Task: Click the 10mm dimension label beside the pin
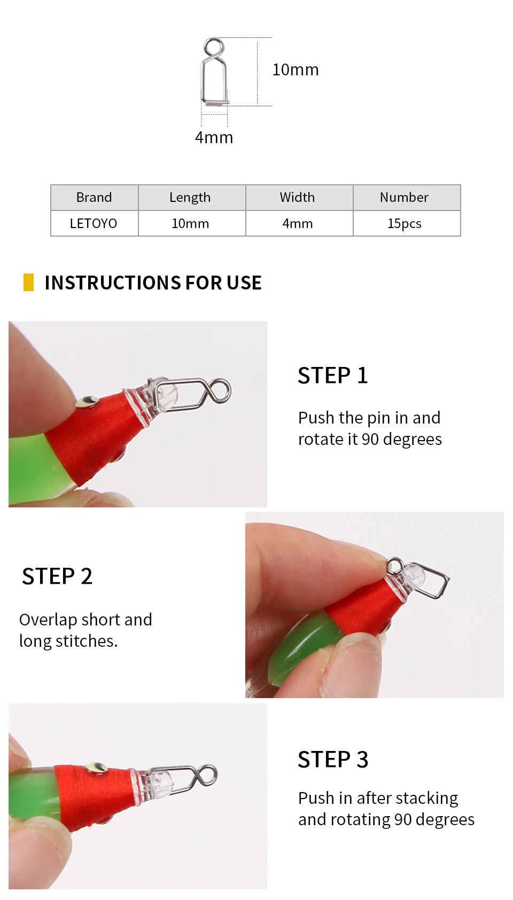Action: point(296,70)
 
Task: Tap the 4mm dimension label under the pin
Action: point(214,137)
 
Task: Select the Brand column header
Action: point(94,197)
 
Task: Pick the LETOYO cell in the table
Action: point(94,223)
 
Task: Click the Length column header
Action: point(190,197)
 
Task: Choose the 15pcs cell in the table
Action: point(405,223)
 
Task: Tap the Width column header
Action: point(297,197)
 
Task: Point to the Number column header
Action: point(404,197)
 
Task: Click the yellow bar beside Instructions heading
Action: point(28,282)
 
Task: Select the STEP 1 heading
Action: point(332,375)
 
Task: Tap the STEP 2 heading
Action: point(57,576)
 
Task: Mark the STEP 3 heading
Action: point(333,760)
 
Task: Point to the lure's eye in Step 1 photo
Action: point(88,401)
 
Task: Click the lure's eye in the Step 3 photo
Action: point(97,768)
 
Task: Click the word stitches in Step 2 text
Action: point(87,641)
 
